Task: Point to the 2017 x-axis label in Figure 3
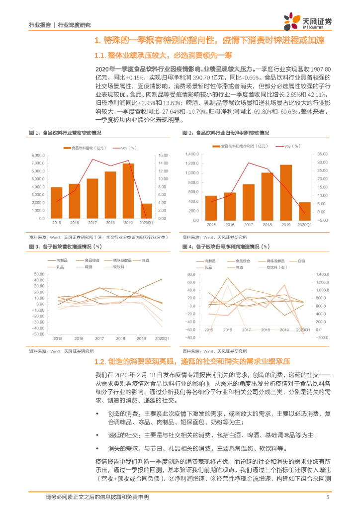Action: point(99,339)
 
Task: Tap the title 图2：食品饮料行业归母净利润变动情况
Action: point(226,133)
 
